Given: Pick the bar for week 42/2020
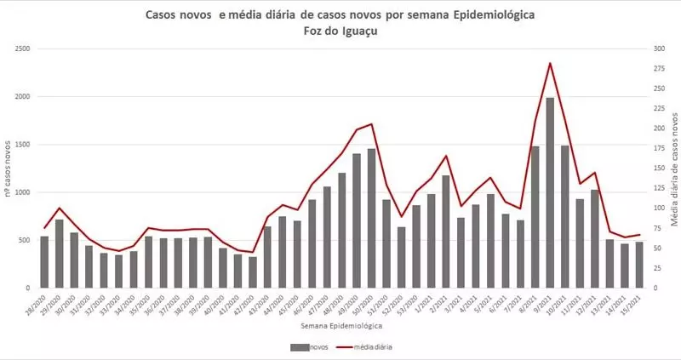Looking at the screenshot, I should [x=252, y=271].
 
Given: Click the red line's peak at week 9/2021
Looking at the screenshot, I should [x=550, y=63].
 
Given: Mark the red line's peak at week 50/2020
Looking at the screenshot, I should [x=371, y=124].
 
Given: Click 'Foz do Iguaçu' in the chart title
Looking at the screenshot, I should [x=340, y=31].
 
